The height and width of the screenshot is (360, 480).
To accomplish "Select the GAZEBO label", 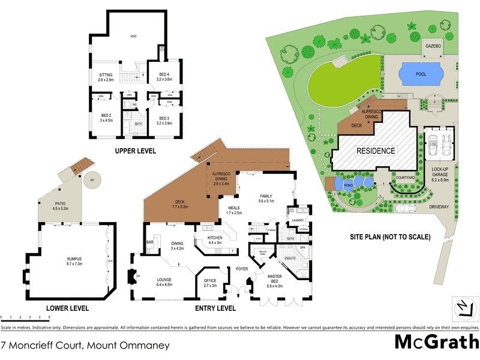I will click(x=433, y=46).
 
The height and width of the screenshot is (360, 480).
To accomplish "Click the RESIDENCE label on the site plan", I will click(x=376, y=151).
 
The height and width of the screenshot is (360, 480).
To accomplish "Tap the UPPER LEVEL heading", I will click(x=135, y=151).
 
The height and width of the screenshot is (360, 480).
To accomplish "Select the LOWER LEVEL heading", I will click(x=67, y=308).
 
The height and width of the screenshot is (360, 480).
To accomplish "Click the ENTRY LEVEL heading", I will click(x=215, y=308).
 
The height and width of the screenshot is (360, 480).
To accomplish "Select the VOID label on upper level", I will click(x=134, y=37).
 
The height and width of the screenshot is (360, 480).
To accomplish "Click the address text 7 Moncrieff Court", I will click(x=86, y=346).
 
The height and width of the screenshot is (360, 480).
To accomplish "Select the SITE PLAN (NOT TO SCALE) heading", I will click(x=391, y=237).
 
